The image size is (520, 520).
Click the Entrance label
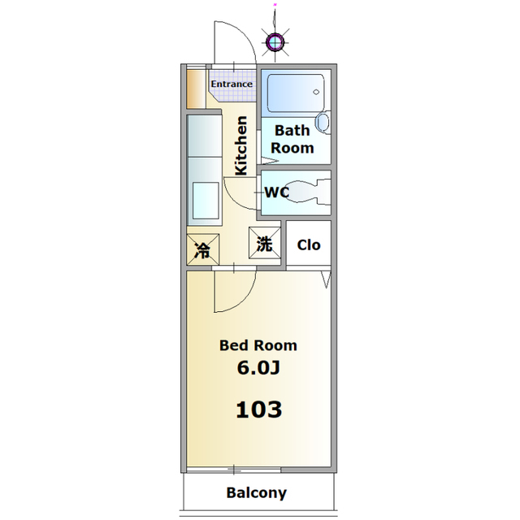coord(232,84)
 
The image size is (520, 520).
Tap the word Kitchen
coord(241,146)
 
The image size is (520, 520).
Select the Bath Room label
coord(292,139)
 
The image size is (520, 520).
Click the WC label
coord(277,193)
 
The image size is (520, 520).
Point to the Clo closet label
coord(308,245)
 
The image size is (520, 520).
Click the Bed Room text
coord(258,344)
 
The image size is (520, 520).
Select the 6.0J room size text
coord(258,368)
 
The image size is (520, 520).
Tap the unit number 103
coord(258,409)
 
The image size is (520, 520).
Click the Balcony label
coord(256,492)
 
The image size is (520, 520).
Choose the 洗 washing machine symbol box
coord(265,243)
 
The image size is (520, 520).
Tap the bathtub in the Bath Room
coord(295,95)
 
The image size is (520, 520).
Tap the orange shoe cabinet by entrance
coord(193,89)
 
